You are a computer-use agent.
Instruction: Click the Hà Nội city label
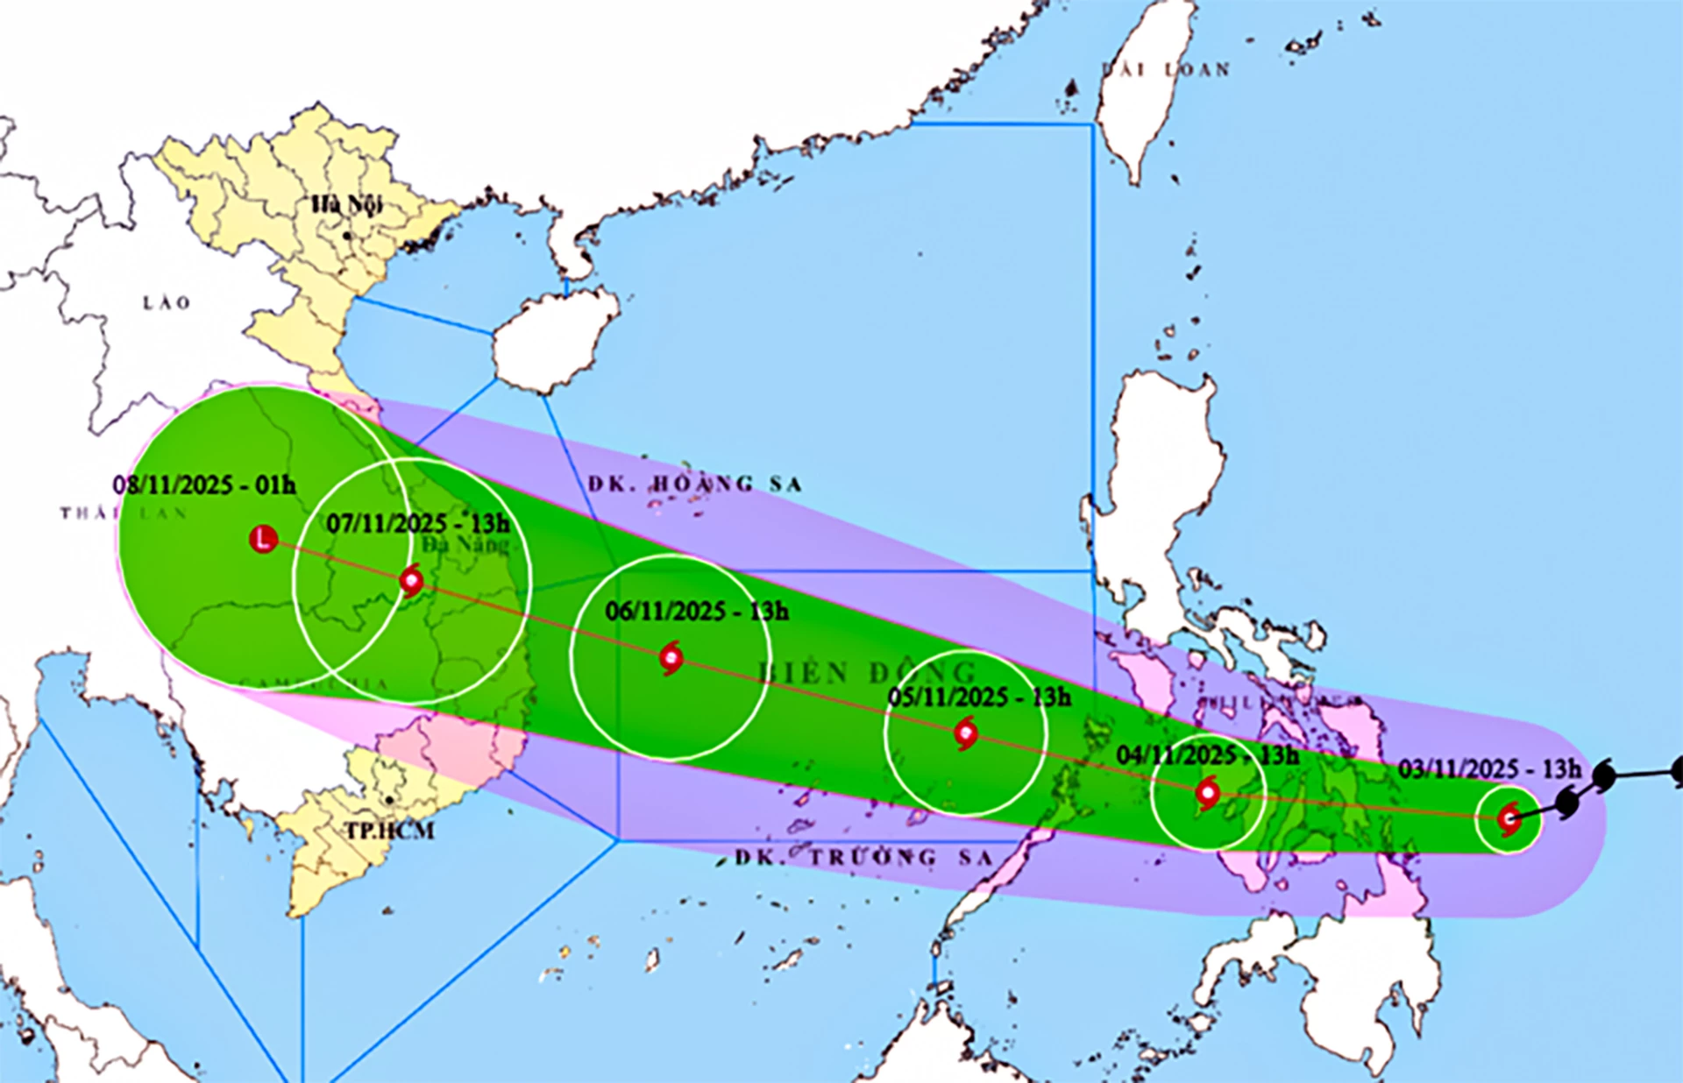(348, 205)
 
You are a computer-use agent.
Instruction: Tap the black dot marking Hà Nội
(348, 236)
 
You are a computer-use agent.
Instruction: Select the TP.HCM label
(388, 830)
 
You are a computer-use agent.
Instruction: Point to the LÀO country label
(167, 303)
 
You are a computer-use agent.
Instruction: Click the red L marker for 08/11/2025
(264, 539)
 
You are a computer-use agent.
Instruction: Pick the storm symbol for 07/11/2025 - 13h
(410, 581)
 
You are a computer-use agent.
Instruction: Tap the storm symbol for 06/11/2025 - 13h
(671, 657)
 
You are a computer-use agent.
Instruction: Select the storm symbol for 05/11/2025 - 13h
(966, 733)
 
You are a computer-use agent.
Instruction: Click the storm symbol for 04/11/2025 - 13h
(1208, 794)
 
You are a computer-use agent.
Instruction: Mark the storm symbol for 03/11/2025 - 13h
(1509, 820)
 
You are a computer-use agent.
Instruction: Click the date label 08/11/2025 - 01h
(204, 485)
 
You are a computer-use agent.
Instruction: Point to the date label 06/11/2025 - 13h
(697, 611)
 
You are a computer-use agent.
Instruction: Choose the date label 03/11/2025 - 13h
(1489, 769)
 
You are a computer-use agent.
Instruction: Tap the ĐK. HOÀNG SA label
(695, 484)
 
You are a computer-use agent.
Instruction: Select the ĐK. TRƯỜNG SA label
(863, 857)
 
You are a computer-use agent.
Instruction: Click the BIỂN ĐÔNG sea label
(866, 673)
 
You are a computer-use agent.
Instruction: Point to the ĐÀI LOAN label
(1166, 69)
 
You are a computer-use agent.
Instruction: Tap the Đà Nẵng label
(465, 545)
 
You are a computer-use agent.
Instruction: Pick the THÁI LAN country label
(124, 513)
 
